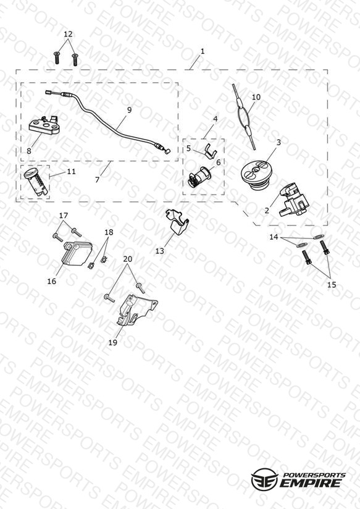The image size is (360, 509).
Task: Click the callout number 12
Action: coord(68,34)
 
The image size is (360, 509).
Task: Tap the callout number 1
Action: coord(203,51)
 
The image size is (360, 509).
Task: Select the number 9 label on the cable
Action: coord(130,110)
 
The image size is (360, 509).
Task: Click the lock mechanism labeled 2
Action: coord(293,200)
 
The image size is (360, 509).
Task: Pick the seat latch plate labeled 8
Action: coord(45,125)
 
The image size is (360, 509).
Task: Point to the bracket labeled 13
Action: coord(178,221)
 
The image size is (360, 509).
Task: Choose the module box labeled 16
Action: coord(77,254)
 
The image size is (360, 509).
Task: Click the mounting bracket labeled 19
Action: coord(136,309)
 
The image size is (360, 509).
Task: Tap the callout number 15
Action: coord(332,285)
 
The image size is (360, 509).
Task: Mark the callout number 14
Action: coord(274,237)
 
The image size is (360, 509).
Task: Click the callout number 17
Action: coord(64,216)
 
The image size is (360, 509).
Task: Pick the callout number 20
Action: coord(128,259)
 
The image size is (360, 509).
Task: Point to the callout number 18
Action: coord(109,232)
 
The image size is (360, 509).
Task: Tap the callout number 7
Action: coord(97,180)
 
